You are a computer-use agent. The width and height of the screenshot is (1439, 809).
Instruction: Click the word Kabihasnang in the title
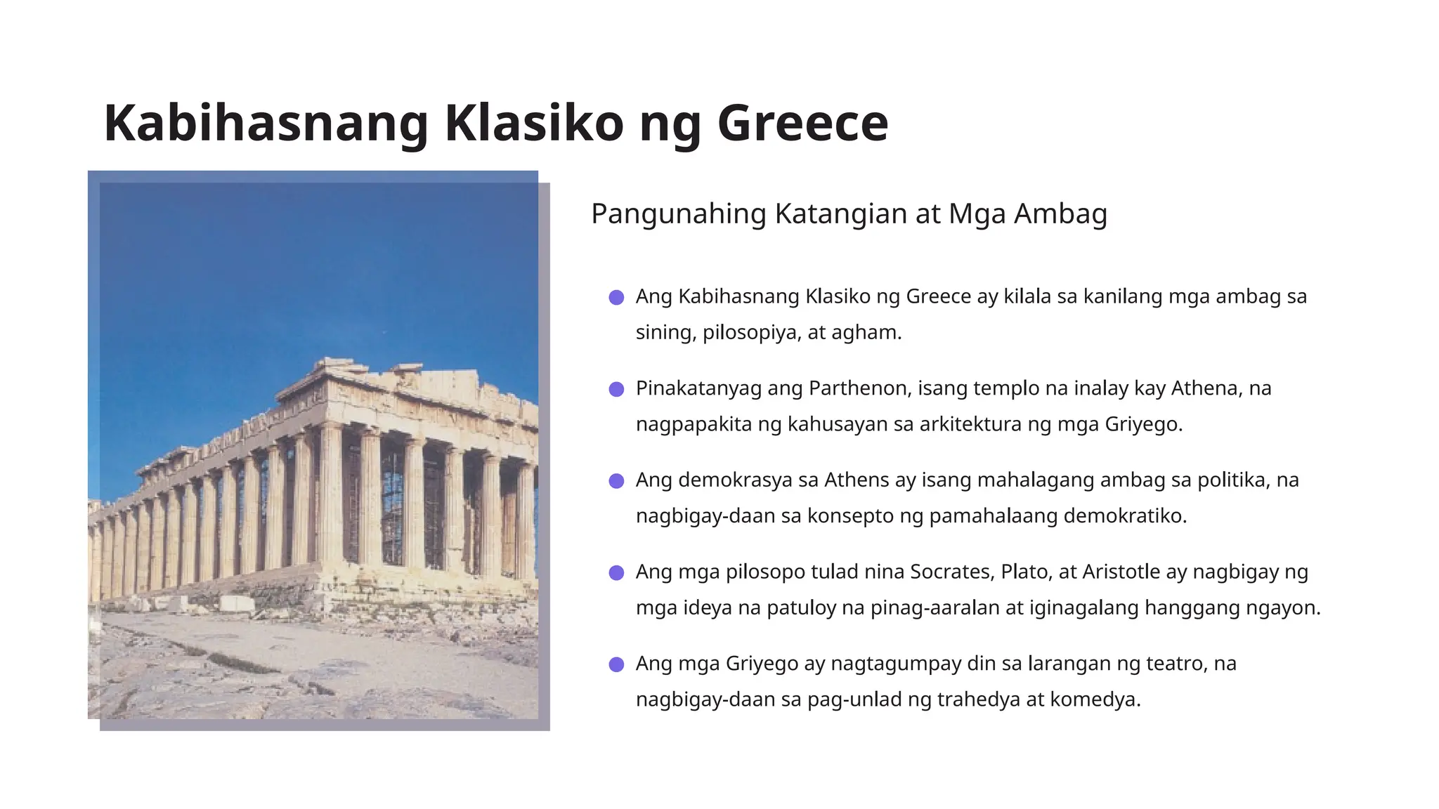click(266, 124)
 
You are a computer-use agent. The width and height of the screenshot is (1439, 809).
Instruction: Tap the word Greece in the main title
click(802, 124)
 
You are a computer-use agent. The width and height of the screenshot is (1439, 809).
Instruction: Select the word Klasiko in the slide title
click(534, 124)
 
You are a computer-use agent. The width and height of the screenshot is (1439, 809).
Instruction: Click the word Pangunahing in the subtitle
click(678, 214)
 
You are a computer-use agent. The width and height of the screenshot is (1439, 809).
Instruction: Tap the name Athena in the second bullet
click(1202, 388)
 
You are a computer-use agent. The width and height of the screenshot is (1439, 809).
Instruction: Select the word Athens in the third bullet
click(857, 480)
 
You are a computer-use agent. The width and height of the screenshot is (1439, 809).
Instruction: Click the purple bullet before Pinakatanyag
click(616, 389)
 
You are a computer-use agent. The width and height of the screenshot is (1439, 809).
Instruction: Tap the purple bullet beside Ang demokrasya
click(616, 481)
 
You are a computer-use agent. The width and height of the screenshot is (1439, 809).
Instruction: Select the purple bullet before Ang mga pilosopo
click(616, 573)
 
